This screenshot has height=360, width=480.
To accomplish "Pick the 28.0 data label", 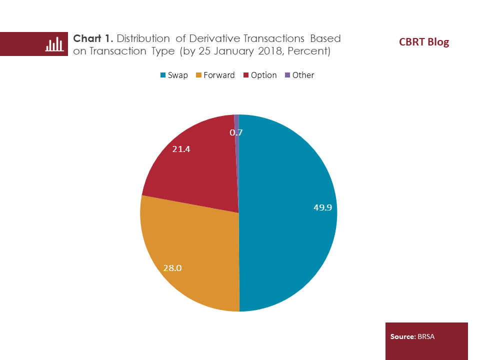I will pos(172,268).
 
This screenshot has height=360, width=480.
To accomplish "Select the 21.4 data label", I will pos(182,149).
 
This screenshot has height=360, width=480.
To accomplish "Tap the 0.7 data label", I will pos(236,132).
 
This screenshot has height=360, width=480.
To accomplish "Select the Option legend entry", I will pos(259,75).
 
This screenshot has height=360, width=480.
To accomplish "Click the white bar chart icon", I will pos(54,44).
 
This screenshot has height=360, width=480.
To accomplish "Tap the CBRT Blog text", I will pos(424,42).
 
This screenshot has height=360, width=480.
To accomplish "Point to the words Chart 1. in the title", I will pos(93,38).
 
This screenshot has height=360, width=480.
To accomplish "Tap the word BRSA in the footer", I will pos(425,336).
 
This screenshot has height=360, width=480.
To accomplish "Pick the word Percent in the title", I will pos(305,51).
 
